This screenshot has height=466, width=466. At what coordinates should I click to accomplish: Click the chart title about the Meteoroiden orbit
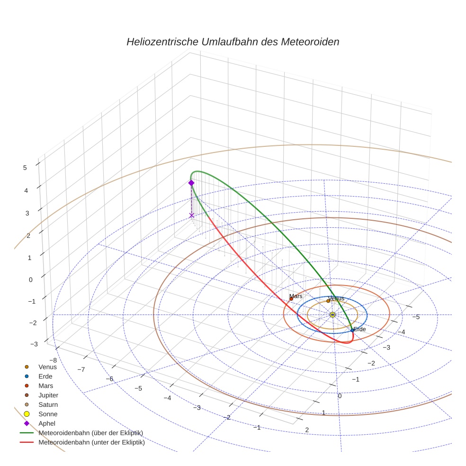(233, 42)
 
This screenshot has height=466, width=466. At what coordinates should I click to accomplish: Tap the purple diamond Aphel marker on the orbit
(191, 183)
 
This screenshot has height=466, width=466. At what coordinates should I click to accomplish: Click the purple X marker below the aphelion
(191, 215)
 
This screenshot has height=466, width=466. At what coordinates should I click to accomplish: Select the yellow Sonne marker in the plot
(332, 314)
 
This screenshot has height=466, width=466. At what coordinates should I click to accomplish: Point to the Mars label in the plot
(296, 296)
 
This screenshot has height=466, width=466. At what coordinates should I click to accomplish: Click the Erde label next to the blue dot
(359, 329)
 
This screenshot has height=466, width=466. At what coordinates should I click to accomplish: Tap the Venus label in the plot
(336, 298)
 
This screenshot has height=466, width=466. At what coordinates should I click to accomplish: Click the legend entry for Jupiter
(48, 395)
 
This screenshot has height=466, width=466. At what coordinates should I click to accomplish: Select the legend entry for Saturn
(48, 404)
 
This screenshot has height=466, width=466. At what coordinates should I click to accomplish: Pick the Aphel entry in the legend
(46, 423)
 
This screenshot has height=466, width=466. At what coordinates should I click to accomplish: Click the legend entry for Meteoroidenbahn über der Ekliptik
(90, 433)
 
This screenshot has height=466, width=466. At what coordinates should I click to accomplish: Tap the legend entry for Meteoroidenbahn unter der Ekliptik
(91, 443)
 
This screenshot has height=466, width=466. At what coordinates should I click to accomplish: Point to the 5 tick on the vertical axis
(25, 167)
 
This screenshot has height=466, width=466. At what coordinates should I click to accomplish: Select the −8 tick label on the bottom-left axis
(53, 360)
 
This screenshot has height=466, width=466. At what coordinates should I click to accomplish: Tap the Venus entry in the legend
(47, 367)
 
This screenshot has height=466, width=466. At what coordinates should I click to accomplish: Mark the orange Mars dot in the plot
(291, 299)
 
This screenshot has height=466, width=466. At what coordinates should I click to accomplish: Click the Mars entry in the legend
(46, 385)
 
